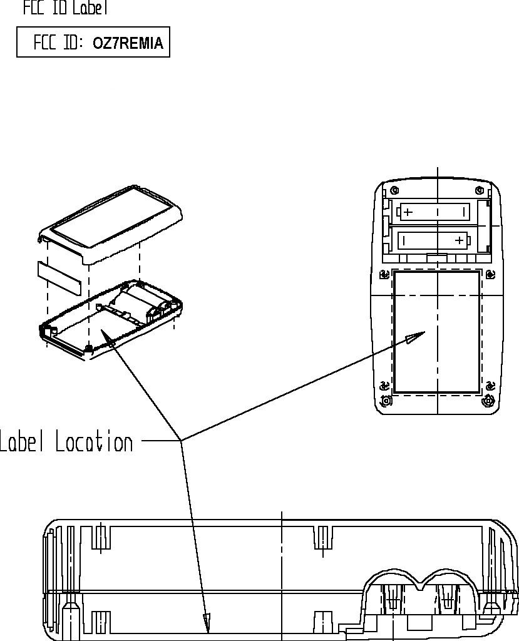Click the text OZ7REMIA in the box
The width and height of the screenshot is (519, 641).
[x=128, y=43]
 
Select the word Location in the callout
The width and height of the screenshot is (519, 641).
[x=94, y=442]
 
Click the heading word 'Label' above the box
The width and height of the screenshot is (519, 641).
[x=91, y=8]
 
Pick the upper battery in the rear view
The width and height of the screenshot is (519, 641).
[x=434, y=212]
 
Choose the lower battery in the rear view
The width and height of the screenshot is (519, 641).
[x=434, y=240]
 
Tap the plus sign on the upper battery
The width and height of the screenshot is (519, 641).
[x=408, y=212]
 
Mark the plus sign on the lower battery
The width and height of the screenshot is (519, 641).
[x=460, y=240]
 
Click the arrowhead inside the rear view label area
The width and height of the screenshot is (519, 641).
[x=413, y=339]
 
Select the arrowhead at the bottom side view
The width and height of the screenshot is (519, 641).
[x=207, y=623]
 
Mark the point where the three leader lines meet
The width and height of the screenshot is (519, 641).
[x=182, y=441]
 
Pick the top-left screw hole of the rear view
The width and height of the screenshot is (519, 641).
[x=393, y=190]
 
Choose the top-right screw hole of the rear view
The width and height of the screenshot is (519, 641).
[x=481, y=190]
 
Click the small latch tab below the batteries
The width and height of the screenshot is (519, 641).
[x=436, y=257]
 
